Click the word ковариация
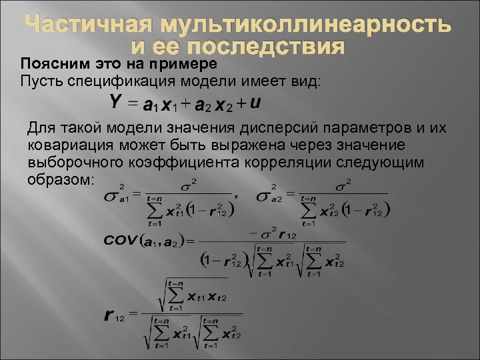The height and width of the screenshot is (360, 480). coord(67,145)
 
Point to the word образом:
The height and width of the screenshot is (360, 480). coord(63,180)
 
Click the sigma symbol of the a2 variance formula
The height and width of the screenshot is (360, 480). coord(265,197)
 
